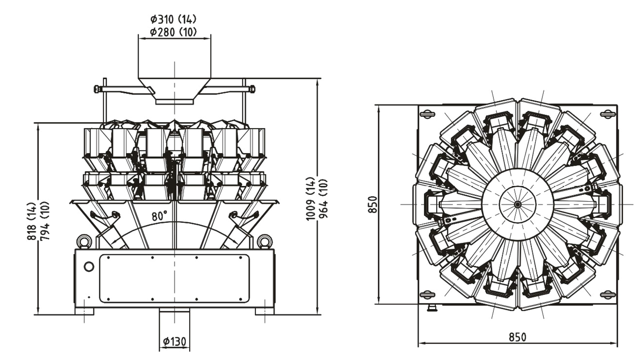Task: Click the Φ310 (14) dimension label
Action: tap(173, 19)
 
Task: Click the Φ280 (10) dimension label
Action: tap(173, 32)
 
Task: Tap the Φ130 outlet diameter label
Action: tap(174, 342)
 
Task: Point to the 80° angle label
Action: tap(159, 216)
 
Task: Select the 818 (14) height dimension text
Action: tap(31, 221)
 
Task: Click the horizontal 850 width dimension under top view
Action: tap(517, 337)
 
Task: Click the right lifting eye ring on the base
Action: tap(264, 242)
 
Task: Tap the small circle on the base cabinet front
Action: tap(89, 267)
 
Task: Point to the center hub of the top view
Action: tap(518, 204)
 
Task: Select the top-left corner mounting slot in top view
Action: tap(428, 114)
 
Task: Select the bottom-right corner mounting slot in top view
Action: tap(607, 295)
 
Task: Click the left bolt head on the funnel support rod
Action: tap(97, 89)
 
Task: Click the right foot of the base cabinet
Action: tap(264, 312)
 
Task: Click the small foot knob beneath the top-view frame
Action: tap(432, 308)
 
